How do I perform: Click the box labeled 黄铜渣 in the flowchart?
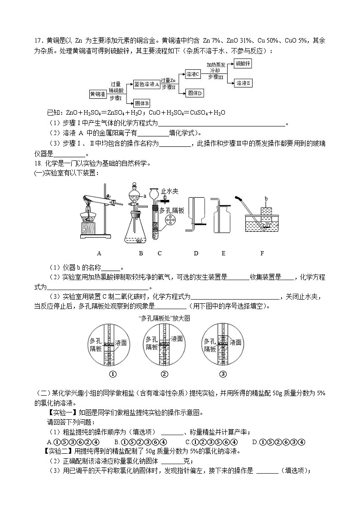point(97,94)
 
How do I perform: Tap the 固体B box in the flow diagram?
point(142,103)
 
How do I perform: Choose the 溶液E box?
point(243,83)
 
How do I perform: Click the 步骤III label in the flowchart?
point(216,78)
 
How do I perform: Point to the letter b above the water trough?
point(266,199)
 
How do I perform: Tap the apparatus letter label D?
point(196,253)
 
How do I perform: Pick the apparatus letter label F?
point(262,253)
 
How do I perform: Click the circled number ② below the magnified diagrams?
point(165,374)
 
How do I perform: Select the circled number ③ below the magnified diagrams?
point(223,374)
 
